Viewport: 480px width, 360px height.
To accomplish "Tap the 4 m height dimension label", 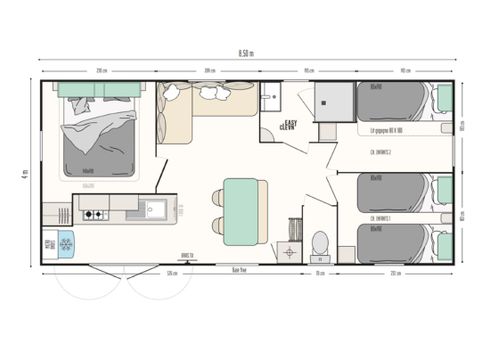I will (x=22, y=173).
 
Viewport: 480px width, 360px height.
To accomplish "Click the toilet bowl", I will (x=320, y=242).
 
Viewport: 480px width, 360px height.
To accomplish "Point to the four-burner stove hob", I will (x=94, y=214).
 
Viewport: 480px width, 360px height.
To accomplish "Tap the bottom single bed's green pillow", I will (x=444, y=243).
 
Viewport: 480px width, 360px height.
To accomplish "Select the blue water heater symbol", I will (x=65, y=243).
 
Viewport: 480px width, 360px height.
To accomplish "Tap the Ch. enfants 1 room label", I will (x=380, y=217).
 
